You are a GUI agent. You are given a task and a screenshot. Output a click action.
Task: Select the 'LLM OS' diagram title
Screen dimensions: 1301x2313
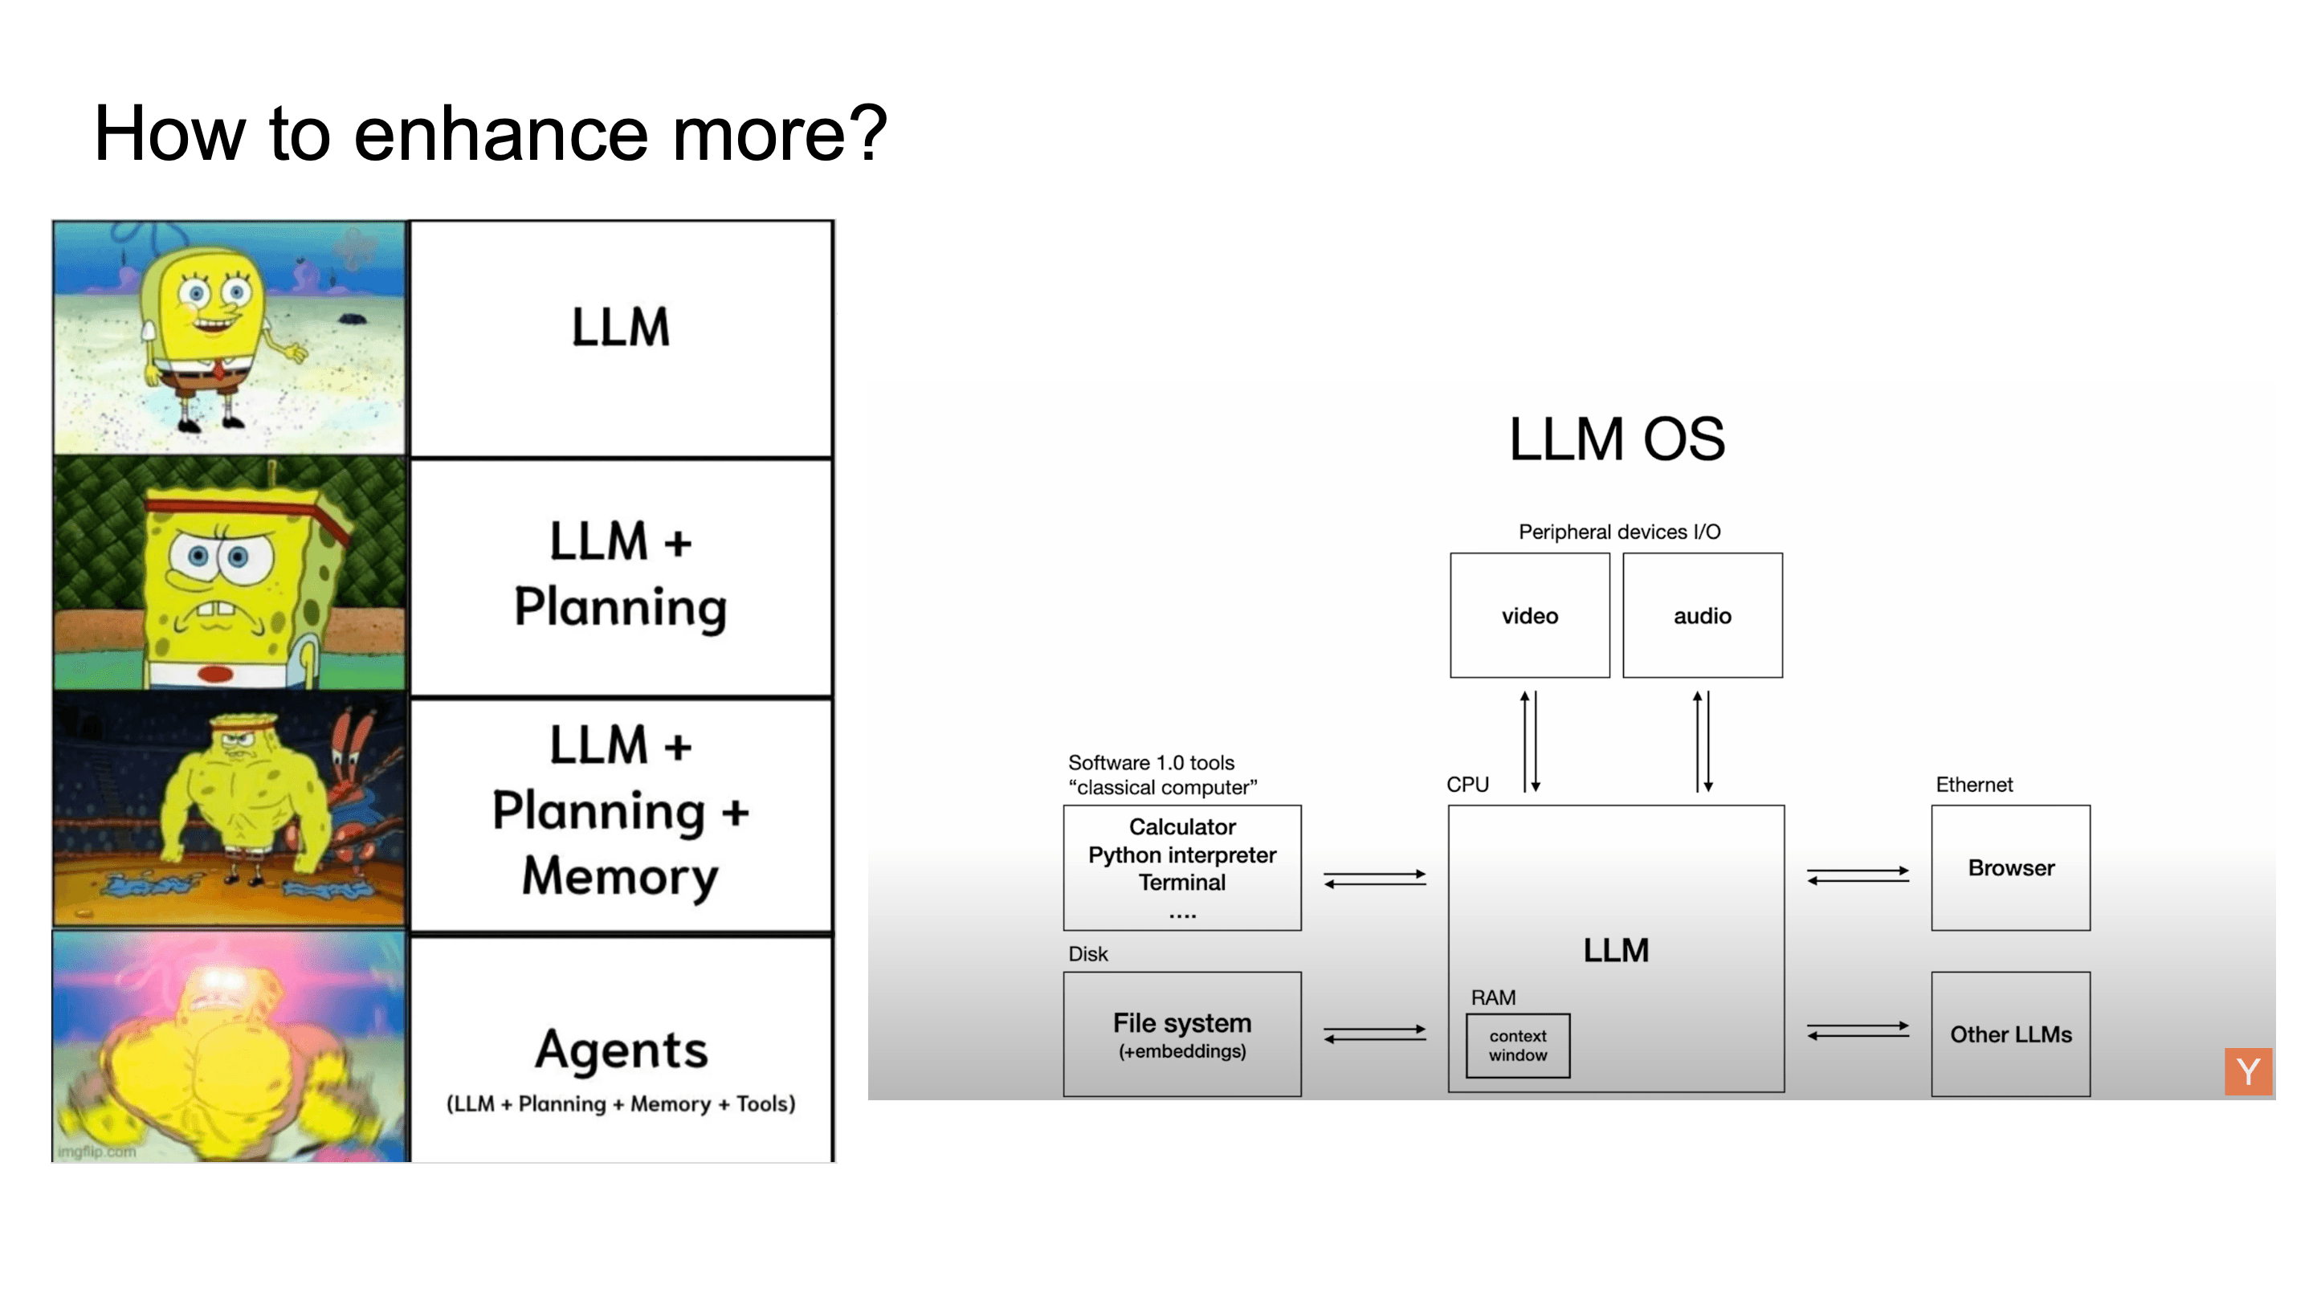pyautogui.click(x=1616, y=439)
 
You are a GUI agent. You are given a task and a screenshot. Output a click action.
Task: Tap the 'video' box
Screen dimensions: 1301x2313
pyautogui.click(x=1529, y=616)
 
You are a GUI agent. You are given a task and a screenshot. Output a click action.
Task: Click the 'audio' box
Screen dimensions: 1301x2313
pyautogui.click(x=1702, y=616)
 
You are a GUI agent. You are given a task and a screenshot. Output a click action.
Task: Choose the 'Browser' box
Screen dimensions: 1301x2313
pyautogui.click(x=2010, y=868)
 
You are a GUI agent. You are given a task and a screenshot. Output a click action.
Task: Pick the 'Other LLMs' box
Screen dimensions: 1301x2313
pyautogui.click(x=2010, y=1034)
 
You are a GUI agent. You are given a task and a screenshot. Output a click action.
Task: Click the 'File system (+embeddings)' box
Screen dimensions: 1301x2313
pyautogui.click(x=1181, y=1034)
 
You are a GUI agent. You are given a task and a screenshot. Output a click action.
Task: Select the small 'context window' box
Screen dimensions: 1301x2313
pyautogui.click(x=1517, y=1046)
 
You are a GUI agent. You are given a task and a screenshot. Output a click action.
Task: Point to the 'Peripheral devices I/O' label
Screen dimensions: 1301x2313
pyautogui.click(x=1619, y=532)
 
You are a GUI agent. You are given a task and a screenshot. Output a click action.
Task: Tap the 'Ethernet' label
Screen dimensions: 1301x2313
pyautogui.click(x=1973, y=785)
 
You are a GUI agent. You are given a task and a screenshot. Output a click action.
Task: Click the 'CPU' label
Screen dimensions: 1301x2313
pyautogui.click(x=1467, y=785)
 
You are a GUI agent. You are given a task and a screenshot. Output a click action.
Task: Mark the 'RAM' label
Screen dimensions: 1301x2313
pyautogui.click(x=1492, y=997)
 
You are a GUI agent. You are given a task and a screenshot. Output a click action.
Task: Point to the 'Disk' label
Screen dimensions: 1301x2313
pyautogui.click(x=1087, y=953)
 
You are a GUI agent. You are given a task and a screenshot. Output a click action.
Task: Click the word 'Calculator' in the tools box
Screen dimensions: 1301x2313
pyautogui.click(x=1181, y=826)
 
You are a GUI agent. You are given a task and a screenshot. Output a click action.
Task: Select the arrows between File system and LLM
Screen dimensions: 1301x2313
pyautogui.click(x=1375, y=1034)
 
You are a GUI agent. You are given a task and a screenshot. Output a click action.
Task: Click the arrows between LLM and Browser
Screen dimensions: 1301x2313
pyautogui.click(x=1858, y=875)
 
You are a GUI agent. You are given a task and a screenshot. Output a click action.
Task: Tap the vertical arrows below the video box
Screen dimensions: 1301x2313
pyautogui.click(x=1529, y=740)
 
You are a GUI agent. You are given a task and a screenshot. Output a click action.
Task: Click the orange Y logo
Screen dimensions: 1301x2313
pyautogui.click(x=2247, y=1071)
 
